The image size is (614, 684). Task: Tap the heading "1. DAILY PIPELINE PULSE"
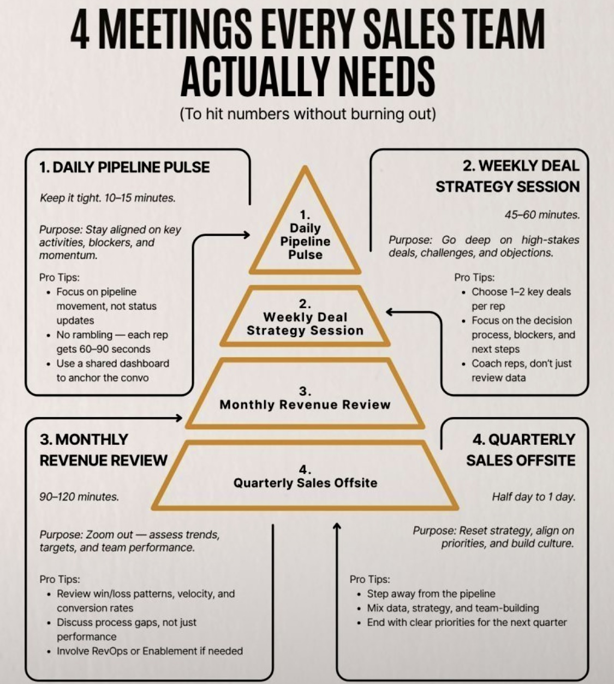pyautogui.click(x=124, y=167)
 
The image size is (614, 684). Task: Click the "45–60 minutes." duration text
pyautogui.click(x=541, y=215)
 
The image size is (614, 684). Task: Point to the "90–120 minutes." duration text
pyautogui.click(x=79, y=497)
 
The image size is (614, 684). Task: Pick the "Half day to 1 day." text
pyautogui.click(x=533, y=497)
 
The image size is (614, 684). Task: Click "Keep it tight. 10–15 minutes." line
pyautogui.click(x=108, y=198)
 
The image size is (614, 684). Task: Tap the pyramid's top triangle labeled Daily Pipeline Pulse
pyautogui.click(x=305, y=241)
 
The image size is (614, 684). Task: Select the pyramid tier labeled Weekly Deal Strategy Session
pyautogui.click(x=305, y=324)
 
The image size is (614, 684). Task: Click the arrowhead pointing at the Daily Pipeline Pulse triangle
pyautogui.click(x=246, y=235)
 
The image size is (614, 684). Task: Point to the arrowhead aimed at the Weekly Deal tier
pyautogui.click(x=390, y=312)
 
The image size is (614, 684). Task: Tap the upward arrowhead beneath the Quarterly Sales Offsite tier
pyautogui.click(x=337, y=526)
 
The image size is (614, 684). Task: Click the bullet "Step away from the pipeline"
pyautogui.click(x=431, y=593)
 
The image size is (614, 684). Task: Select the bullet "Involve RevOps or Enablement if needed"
pyautogui.click(x=150, y=651)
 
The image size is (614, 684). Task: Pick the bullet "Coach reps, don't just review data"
pyautogui.click(x=521, y=370)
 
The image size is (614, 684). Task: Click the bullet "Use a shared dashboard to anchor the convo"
pyautogui.click(x=112, y=370)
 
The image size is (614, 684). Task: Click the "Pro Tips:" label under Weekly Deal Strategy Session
pyautogui.click(x=474, y=277)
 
